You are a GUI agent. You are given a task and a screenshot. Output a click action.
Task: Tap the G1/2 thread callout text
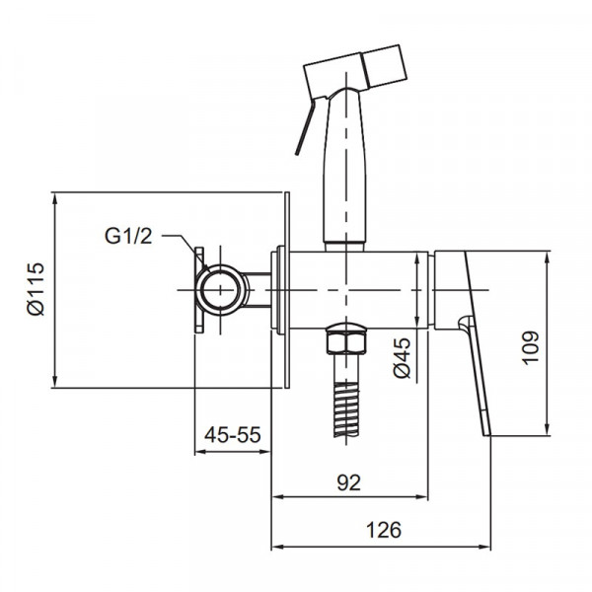pos(130,236)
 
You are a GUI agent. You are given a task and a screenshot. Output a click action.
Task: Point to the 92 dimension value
pos(348,481)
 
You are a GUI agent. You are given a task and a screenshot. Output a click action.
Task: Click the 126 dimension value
pos(384,529)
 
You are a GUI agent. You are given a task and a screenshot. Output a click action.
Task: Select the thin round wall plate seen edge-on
pos(287,290)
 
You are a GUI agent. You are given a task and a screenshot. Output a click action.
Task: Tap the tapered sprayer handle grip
pos(345,168)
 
